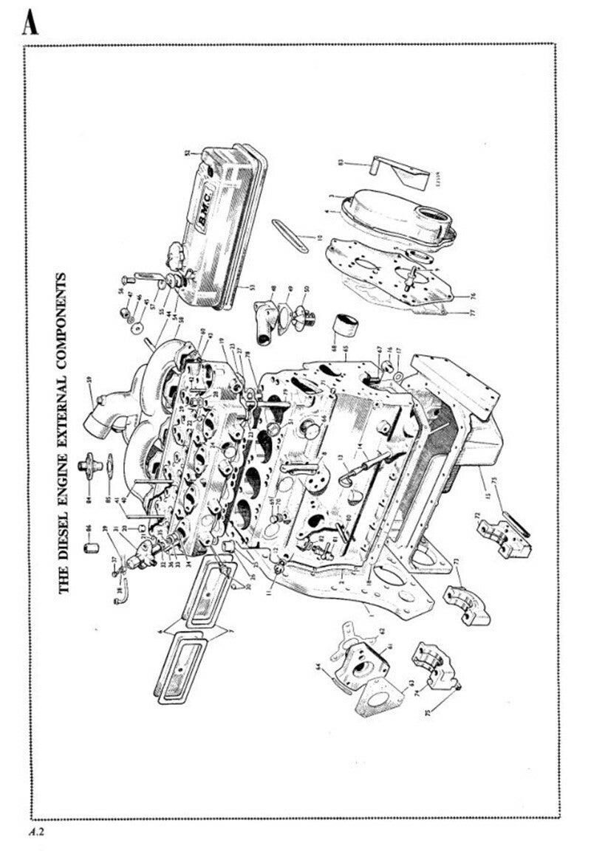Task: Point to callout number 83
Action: pos(341,162)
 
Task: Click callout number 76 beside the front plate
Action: pos(473,297)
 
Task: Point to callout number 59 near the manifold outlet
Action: pos(88,380)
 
